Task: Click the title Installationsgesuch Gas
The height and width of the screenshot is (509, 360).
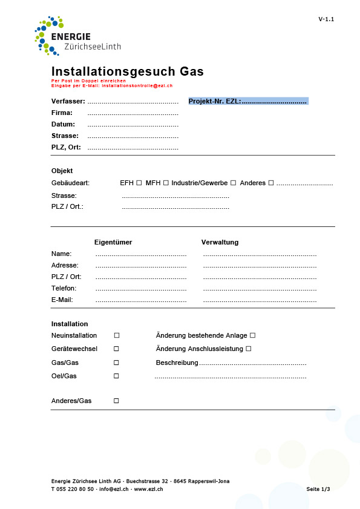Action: pos(127,71)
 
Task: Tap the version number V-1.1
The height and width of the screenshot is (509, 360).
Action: pos(326,19)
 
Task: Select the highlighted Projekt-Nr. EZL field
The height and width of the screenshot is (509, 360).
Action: pos(248,101)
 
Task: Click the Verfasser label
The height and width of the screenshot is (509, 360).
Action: pos(68,101)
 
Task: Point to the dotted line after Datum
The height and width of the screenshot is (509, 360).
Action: pos(133,125)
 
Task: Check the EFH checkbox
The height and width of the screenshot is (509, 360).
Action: pos(139,183)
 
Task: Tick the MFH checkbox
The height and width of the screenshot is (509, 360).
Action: pos(166,183)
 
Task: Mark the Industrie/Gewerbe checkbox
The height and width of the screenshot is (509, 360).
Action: pos(233,183)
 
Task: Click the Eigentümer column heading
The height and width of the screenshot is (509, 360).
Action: pos(113,242)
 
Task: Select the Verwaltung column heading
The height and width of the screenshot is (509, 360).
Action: pos(220,242)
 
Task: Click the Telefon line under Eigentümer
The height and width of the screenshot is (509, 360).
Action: pos(140,289)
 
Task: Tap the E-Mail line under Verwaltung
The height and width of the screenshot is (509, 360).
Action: pos(260,300)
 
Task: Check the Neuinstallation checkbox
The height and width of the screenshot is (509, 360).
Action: pos(117,335)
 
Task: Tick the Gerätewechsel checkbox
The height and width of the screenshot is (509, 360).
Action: pos(117,349)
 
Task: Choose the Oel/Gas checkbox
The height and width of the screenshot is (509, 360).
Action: pos(117,376)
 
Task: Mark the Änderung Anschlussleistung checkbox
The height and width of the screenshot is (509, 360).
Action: pos(248,349)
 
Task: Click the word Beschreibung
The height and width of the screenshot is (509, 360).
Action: pos(177,363)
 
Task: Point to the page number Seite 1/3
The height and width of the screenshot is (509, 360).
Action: pos(318,488)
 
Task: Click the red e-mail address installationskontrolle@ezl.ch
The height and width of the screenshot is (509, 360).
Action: pos(137,85)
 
